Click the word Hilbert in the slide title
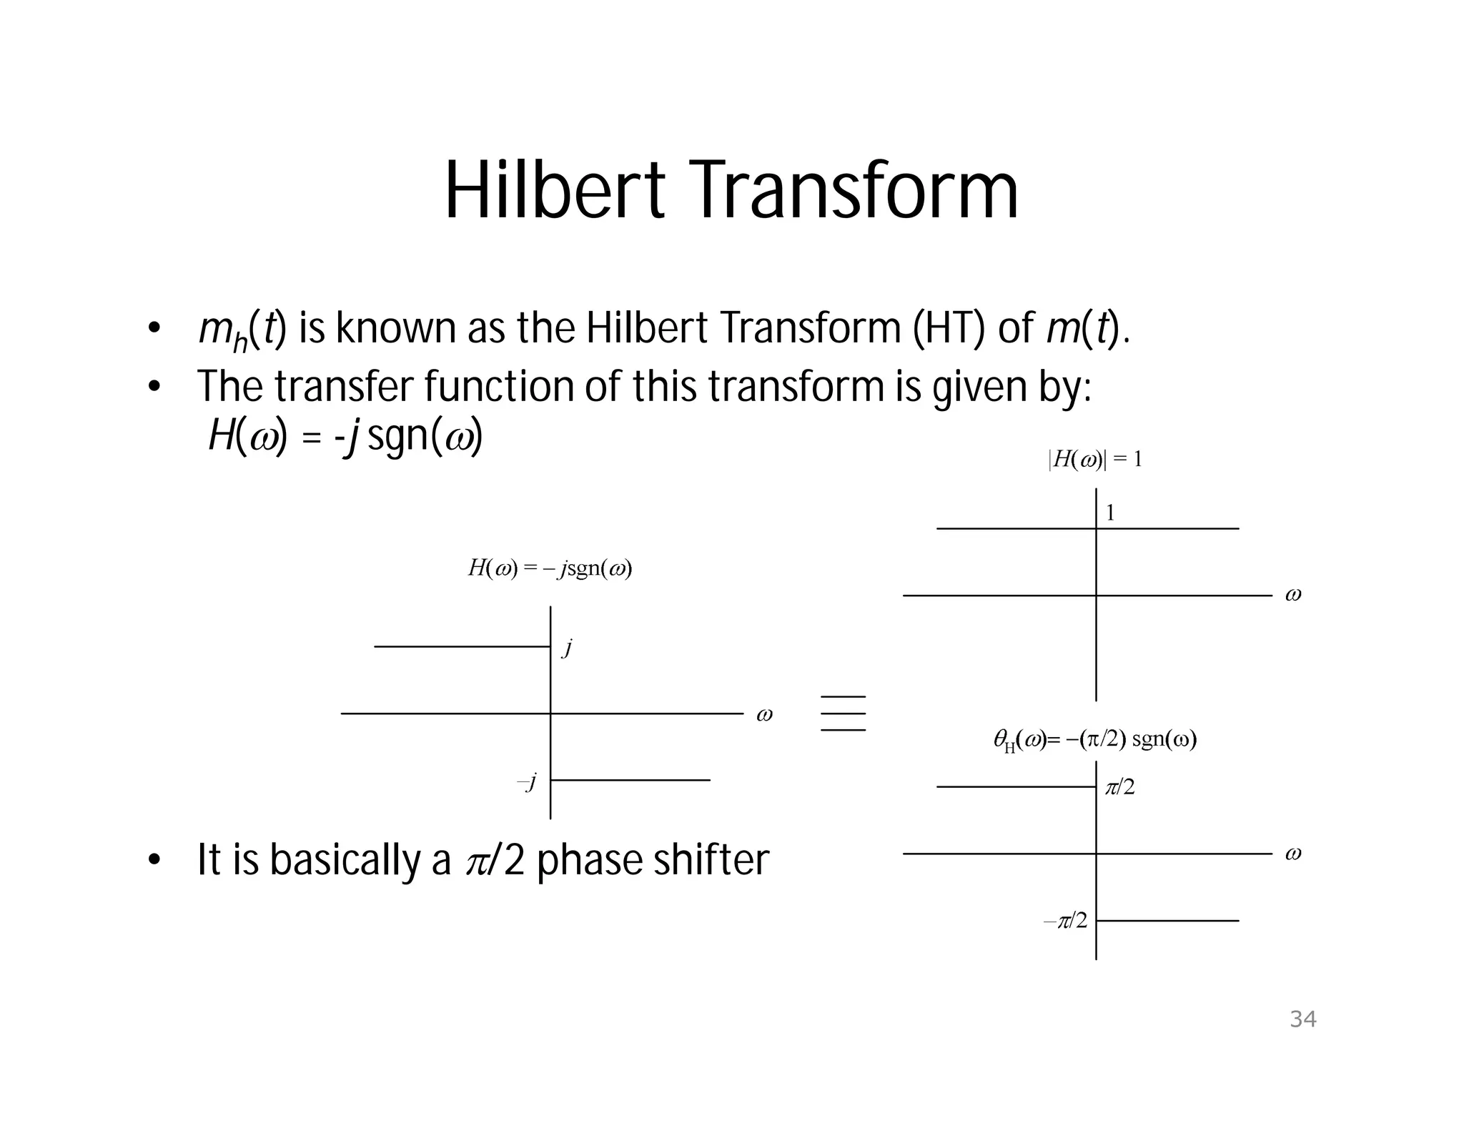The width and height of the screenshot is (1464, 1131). pyautogui.click(x=555, y=190)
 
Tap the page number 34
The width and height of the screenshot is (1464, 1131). pyautogui.click(x=1302, y=1019)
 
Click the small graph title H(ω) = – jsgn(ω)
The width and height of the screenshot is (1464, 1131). pyautogui.click(x=550, y=569)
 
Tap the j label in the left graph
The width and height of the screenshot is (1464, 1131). pyautogui.click(x=568, y=648)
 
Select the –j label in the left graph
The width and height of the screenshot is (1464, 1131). pyautogui.click(x=527, y=781)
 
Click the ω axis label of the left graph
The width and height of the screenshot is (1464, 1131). pyautogui.click(x=764, y=714)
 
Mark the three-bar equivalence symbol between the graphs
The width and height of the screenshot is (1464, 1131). pyautogui.click(x=844, y=713)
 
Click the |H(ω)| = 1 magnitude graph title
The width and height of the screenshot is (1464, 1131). pyautogui.click(x=1095, y=460)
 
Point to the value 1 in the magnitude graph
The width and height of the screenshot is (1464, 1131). pyautogui.click(x=1110, y=513)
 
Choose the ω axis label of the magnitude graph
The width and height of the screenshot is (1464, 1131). pyautogui.click(x=1293, y=595)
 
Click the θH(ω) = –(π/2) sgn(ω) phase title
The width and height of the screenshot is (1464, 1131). pyautogui.click(x=1095, y=740)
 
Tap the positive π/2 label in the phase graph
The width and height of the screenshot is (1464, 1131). pyautogui.click(x=1119, y=788)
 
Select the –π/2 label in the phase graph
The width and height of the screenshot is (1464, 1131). pyautogui.click(x=1066, y=921)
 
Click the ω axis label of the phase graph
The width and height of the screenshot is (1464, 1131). pyautogui.click(x=1293, y=854)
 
